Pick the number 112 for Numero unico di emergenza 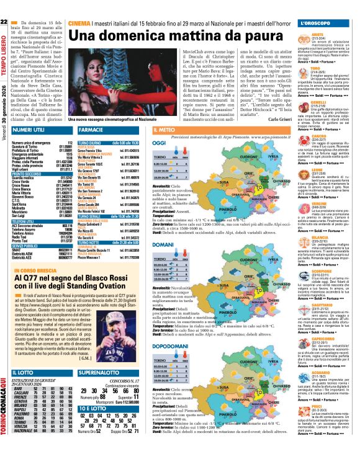[x=69, y=143]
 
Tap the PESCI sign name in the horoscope [x=319, y=409]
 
